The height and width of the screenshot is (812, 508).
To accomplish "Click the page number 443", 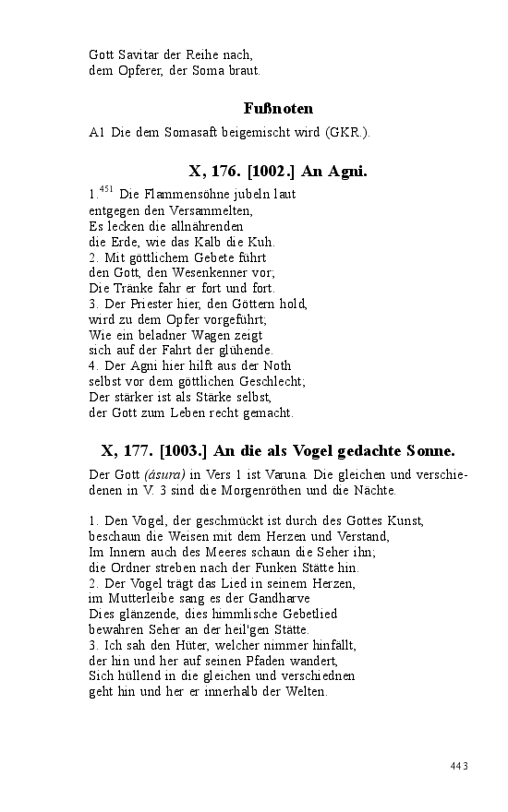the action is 460,766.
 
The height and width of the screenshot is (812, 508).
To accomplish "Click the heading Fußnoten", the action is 278,109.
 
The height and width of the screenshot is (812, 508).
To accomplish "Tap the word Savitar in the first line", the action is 140,54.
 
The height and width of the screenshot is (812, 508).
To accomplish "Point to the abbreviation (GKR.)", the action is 346,133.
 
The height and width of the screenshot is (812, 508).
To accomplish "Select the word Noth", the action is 277,365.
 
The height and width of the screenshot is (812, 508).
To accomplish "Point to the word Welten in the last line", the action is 307,692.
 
